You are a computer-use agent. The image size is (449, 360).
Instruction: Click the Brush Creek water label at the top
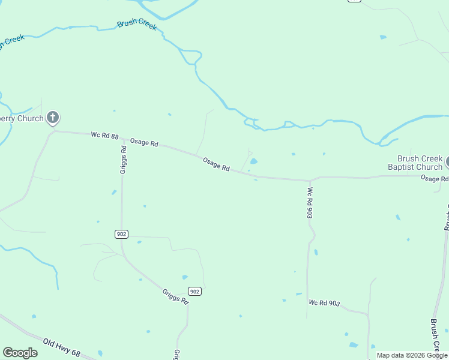[x=137, y=23]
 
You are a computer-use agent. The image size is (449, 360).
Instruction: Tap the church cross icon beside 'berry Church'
[x=53, y=118]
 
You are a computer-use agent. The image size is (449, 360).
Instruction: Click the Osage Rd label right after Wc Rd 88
[x=144, y=143]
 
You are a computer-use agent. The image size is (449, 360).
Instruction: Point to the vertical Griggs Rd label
[x=123, y=159]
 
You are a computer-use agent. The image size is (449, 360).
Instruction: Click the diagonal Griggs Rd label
[x=175, y=296]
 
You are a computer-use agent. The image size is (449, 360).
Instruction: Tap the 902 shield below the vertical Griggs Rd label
[x=121, y=234]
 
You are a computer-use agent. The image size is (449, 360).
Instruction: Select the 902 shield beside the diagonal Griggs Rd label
[x=194, y=291]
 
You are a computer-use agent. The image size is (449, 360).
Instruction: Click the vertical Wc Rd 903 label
[x=310, y=202]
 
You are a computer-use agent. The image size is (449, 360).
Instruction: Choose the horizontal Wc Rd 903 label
[x=324, y=303]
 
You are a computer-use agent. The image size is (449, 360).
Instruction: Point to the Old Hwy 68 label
[x=62, y=346]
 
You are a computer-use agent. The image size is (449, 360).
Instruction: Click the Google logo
[x=20, y=353]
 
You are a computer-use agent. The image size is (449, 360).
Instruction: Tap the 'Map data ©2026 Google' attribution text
[x=412, y=355]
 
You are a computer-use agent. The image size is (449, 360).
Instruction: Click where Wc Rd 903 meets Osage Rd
[x=310, y=180]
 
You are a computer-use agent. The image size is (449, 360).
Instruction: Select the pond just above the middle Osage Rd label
[x=253, y=161]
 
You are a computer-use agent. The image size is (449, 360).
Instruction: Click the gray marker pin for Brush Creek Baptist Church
[x=447, y=162]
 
